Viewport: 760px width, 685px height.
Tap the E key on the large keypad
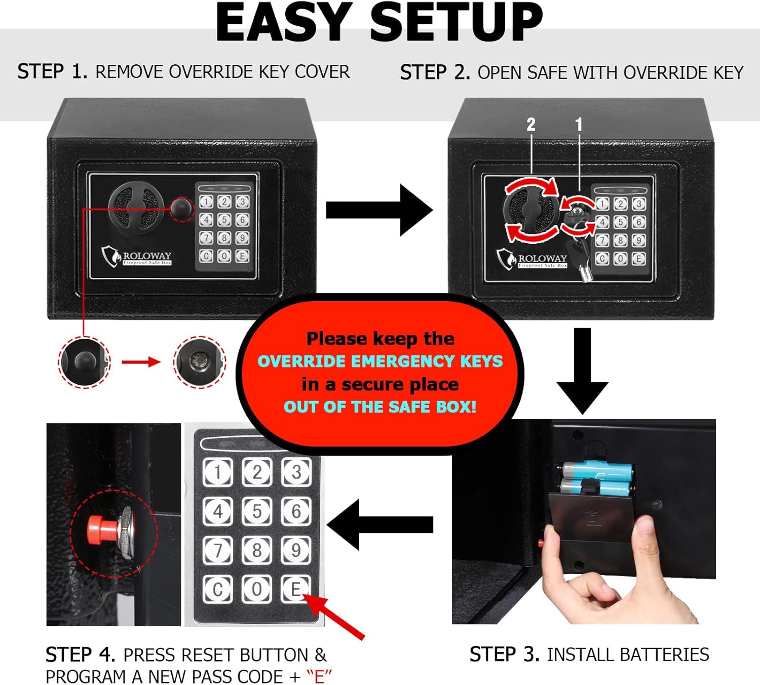coord(295,589)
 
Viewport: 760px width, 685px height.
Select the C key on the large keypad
coord(218,589)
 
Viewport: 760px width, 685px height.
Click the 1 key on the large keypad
coord(218,472)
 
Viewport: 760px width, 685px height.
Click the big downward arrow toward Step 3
coord(582,372)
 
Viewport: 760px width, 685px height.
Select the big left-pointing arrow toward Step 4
coord(380,525)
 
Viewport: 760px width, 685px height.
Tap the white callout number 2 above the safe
coord(530,125)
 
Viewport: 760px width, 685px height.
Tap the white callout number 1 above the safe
coord(579,125)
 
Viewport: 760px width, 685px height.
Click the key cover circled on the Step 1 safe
coord(181,208)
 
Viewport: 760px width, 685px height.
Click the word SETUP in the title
coord(456,23)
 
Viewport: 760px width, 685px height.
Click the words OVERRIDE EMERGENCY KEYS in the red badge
coord(380,361)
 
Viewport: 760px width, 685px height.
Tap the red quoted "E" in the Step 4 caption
coord(319,676)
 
